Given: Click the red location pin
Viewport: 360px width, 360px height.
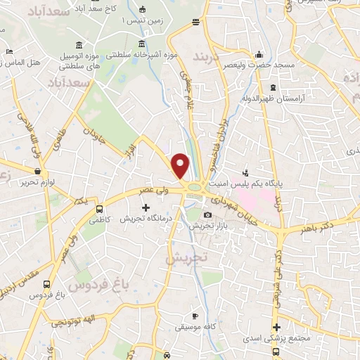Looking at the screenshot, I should [x=181, y=165].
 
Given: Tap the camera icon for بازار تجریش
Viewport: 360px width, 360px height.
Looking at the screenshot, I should [x=207, y=215].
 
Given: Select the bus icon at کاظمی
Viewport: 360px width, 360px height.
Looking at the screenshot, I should [x=99, y=209].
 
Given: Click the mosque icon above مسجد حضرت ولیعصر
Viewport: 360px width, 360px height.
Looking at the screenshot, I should [x=259, y=54].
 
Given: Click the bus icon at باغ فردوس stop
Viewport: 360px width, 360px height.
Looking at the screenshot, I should [x=46, y=285].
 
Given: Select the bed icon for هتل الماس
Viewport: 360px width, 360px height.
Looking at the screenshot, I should [x=9, y=52].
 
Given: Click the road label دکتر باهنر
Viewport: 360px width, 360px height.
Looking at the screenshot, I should [x=323, y=226].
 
